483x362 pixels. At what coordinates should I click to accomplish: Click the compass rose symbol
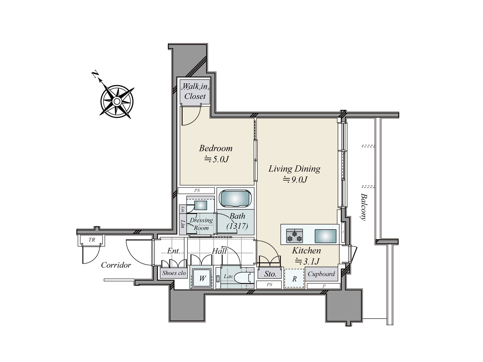(117, 101)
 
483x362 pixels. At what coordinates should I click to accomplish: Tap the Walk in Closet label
(195, 91)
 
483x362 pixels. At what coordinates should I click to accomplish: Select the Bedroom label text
(216, 148)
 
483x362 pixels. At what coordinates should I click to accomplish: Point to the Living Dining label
(294, 169)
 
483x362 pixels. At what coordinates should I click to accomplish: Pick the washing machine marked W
(202, 278)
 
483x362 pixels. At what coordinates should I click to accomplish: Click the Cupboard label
(321, 274)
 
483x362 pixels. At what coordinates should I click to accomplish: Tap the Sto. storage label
(270, 274)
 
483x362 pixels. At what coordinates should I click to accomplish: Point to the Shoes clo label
(174, 273)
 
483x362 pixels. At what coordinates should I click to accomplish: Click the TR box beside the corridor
(92, 240)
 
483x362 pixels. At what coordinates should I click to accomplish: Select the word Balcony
(364, 207)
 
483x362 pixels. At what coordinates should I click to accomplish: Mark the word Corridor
(116, 265)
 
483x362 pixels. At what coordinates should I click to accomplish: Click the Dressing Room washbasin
(200, 205)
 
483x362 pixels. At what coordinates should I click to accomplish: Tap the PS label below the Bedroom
(197, 191)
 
